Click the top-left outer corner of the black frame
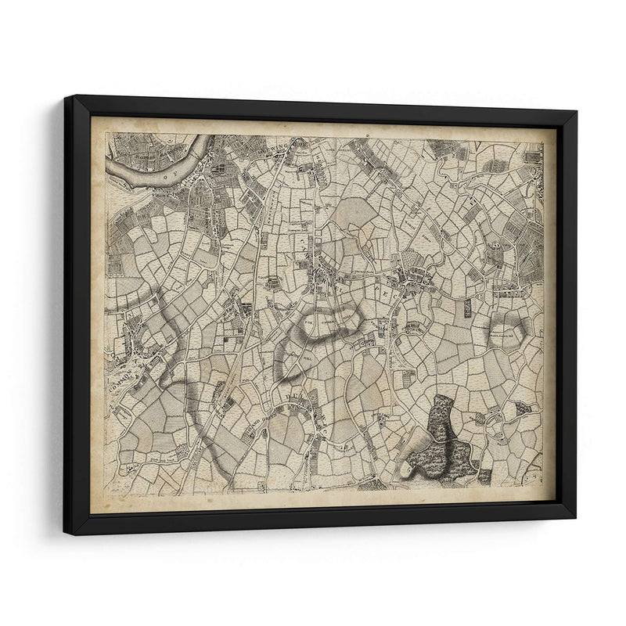(x=65, y=96)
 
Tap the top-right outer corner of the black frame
(x=577, y=112)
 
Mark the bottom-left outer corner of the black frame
(x=65, y=534)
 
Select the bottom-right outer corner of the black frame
(x=575, y=518)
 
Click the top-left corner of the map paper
(x=91, y=117)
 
